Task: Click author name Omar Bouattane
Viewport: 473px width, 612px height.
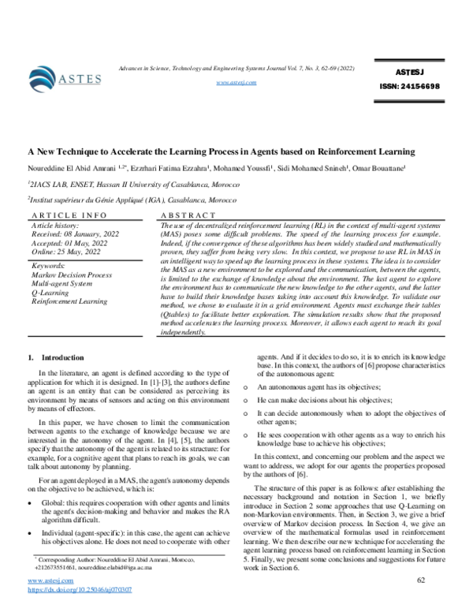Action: click(379, 168)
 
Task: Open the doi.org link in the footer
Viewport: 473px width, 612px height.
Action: click(80, 589)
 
